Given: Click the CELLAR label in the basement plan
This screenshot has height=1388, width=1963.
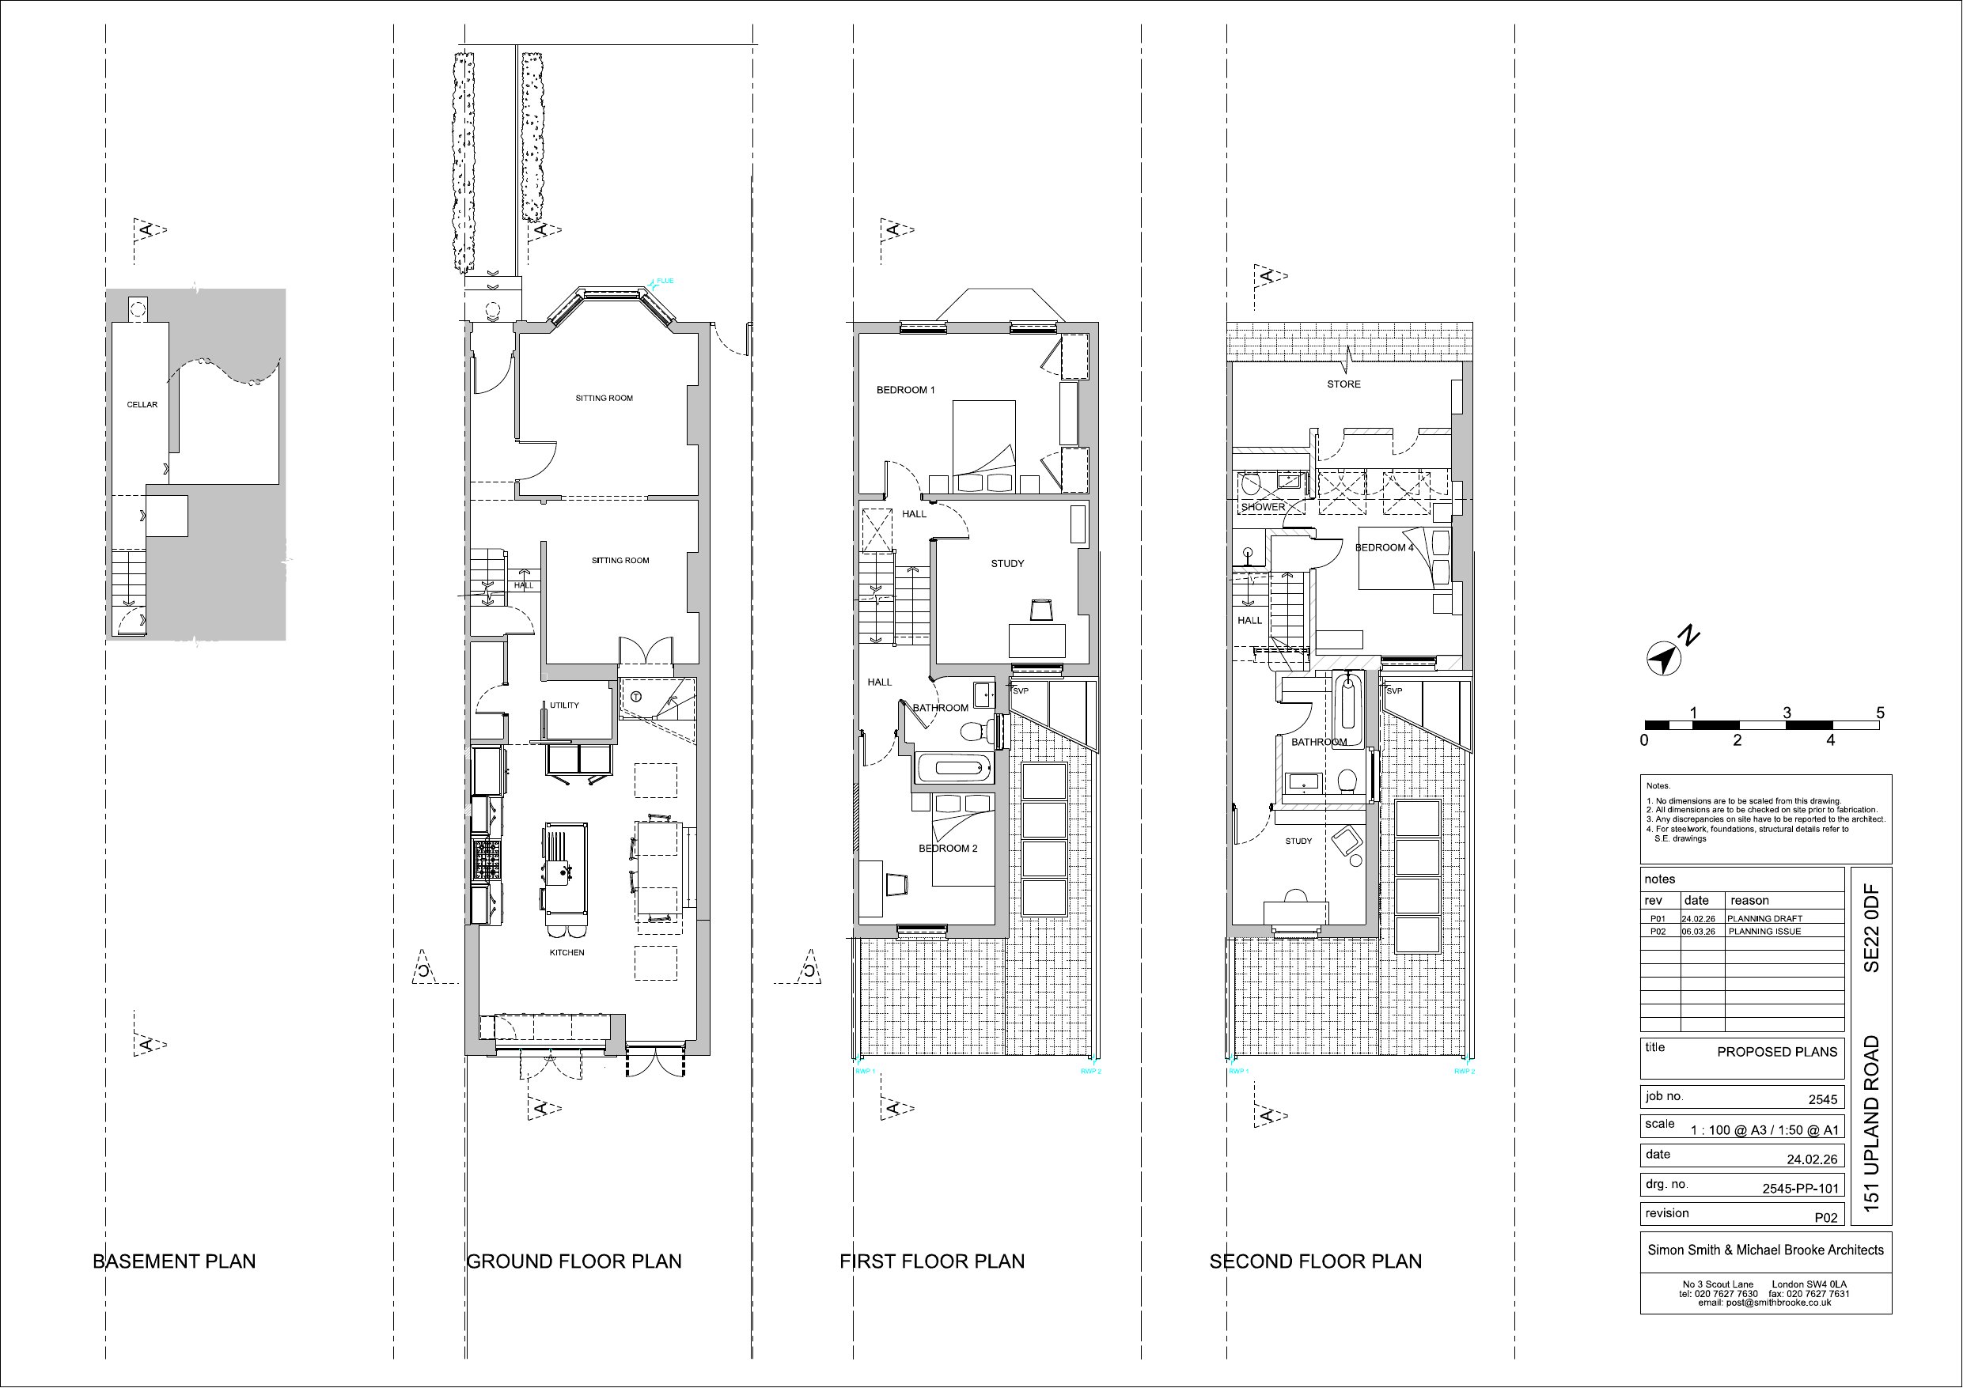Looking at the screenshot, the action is [142, 404].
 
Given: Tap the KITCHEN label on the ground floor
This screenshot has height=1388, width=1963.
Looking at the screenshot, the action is [567, 952].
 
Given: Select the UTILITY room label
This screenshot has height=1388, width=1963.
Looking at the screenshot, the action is [564, 705].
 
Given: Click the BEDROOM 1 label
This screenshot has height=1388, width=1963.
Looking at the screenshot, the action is [905, 390].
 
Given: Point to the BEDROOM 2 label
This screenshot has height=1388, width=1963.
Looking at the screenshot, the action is [948, 848].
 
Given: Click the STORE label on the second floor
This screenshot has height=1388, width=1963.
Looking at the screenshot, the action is [1344, 384].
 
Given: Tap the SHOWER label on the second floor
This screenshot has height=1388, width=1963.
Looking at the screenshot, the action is [1263, 507].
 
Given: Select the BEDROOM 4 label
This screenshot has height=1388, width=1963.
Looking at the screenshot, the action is [1384, 547].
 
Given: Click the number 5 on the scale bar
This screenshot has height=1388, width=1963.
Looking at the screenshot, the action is [1879, 713].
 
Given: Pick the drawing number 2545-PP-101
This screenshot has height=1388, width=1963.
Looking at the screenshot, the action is [1800, 1188].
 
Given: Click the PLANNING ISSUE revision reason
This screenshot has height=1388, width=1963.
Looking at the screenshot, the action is [1764, 932].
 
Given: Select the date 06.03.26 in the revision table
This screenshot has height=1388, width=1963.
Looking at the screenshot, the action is [1699, 932].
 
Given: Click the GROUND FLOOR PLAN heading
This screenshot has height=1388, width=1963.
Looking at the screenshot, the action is [574, 1261].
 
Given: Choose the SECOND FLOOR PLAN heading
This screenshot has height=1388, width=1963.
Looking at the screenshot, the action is [1316, 1261].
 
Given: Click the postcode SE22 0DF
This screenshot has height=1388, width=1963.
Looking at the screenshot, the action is [1871, 928].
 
